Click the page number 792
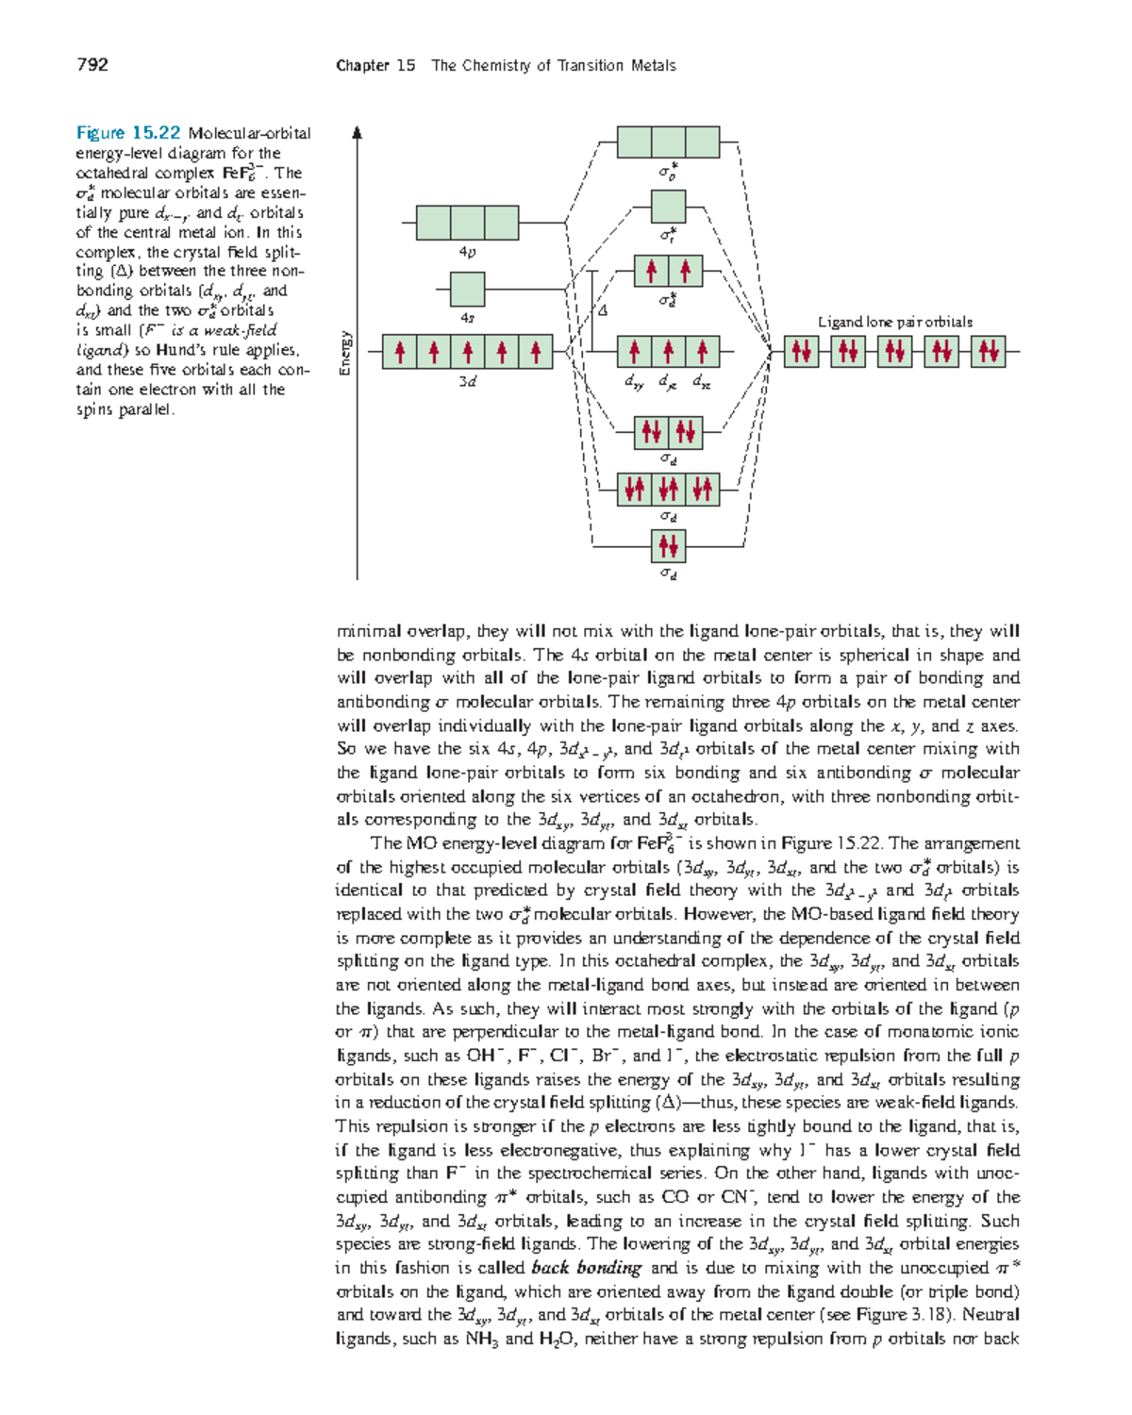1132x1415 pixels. click(x=92, y=65)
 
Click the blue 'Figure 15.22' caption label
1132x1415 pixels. click(x=128, y=133)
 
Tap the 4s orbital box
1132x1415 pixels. click(x=468, y=290)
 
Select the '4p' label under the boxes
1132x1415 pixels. click(x=467, y=252)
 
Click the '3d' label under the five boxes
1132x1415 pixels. click(x=467, y=382)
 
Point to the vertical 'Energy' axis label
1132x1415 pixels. click(x=345, y=353)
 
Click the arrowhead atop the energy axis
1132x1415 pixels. click(x=357, y=133)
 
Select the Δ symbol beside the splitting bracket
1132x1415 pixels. click(x=603, y=309)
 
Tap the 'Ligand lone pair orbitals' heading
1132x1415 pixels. click(x=894, y=322)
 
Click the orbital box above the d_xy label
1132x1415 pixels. click(x=635, y=352)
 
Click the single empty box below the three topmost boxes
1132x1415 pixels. click(x=669, y=207)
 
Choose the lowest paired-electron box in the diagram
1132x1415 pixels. click(x=669, y=545)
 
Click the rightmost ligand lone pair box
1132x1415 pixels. click(x=989, y=352)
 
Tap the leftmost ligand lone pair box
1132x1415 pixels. click(x=802, y=352)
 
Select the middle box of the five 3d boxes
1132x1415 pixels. click(x=468, y=352)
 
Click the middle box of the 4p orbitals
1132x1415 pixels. click(x=468, y=223)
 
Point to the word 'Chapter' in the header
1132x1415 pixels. click(x=362, y=65)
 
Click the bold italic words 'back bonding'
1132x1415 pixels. click(x=586, y=1268)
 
